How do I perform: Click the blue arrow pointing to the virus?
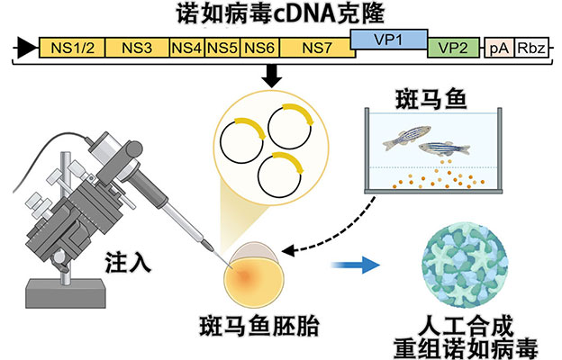pos(353,266)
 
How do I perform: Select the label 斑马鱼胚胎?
pos(257,322)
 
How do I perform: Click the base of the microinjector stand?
pos(64,293)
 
